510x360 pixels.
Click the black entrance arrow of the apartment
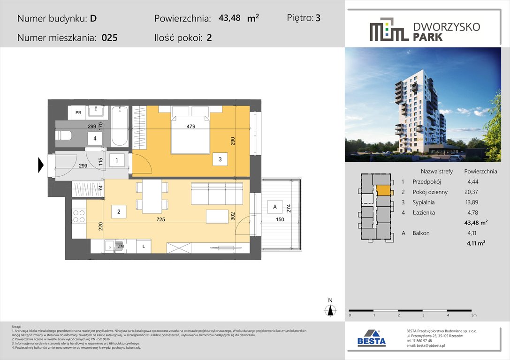40,165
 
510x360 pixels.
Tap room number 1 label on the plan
117,160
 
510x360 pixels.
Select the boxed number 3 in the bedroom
220,160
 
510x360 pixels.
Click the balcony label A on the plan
272,206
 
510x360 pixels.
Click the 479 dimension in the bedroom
190,126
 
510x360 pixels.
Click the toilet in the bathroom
63,136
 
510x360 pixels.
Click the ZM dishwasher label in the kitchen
121,246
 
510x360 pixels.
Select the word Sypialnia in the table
423,202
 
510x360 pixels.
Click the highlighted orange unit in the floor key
383,190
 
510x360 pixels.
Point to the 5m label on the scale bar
474,315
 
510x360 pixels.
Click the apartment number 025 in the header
109,38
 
